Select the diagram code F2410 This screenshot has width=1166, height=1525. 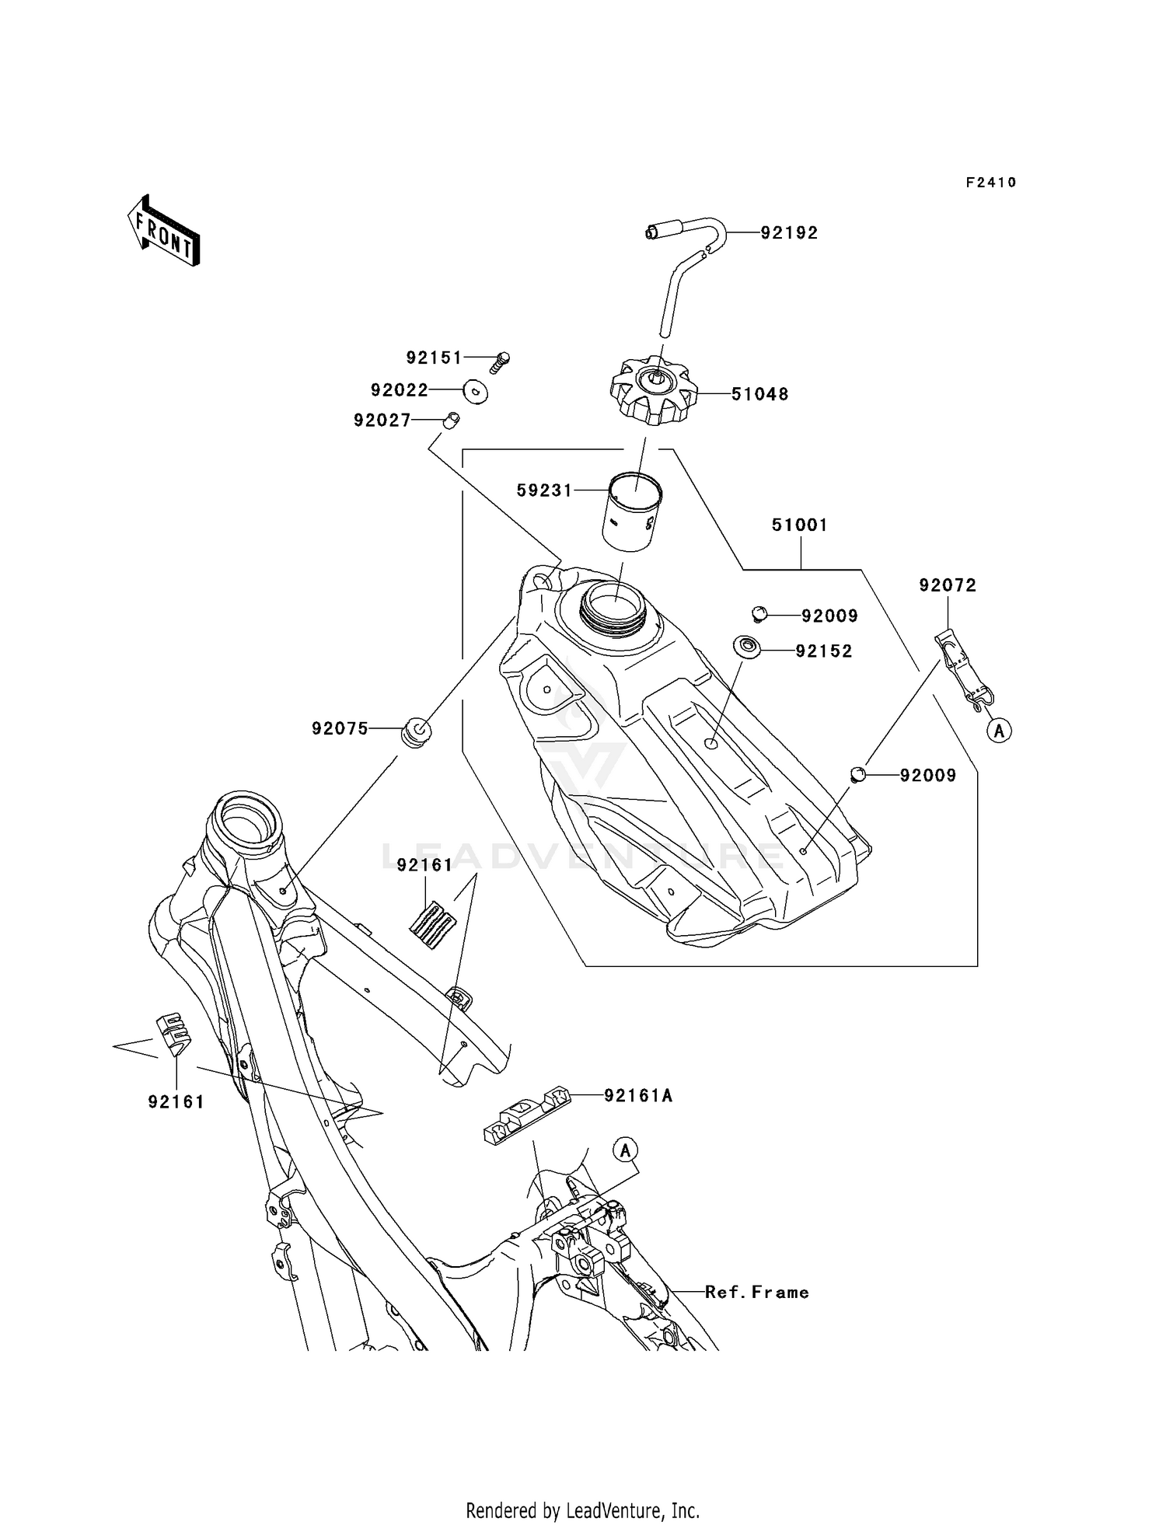991,183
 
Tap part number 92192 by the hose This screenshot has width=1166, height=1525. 789,233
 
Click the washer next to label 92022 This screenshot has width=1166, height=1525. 475,391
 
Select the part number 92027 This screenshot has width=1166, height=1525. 382,421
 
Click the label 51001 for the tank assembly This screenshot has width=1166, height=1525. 800,525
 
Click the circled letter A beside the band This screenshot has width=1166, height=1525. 1000,731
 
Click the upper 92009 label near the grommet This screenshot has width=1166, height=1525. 829,616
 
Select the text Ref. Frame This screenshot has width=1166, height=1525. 756,1293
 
